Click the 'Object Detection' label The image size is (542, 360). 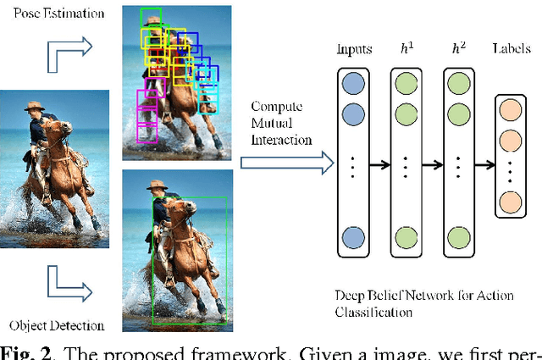(x=56, y=325)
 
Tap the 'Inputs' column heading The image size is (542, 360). (x=354, y=49)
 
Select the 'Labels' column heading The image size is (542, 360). (x=512, y=49)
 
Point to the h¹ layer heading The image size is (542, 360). (x=407, y=49)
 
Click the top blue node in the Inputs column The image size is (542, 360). (x=354, y=82)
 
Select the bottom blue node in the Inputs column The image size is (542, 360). (x=354, y=236)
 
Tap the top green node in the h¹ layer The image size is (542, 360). (x=406, y=82)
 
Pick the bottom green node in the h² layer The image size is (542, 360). (x=457, y=236)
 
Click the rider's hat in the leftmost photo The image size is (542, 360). (x=34, y=108)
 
